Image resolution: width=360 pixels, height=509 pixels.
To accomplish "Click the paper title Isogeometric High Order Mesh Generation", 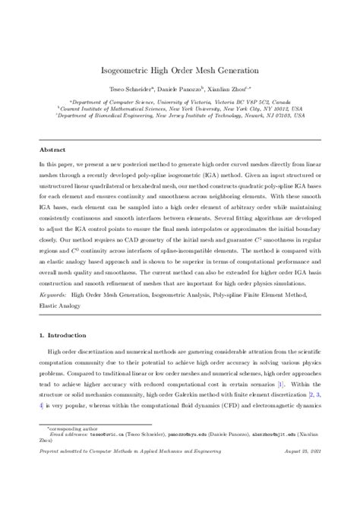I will pos(180,69).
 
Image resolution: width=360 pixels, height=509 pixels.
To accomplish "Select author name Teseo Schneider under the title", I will pos(127,90).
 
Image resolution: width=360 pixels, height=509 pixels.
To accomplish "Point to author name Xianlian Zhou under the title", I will pos(229,90).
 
